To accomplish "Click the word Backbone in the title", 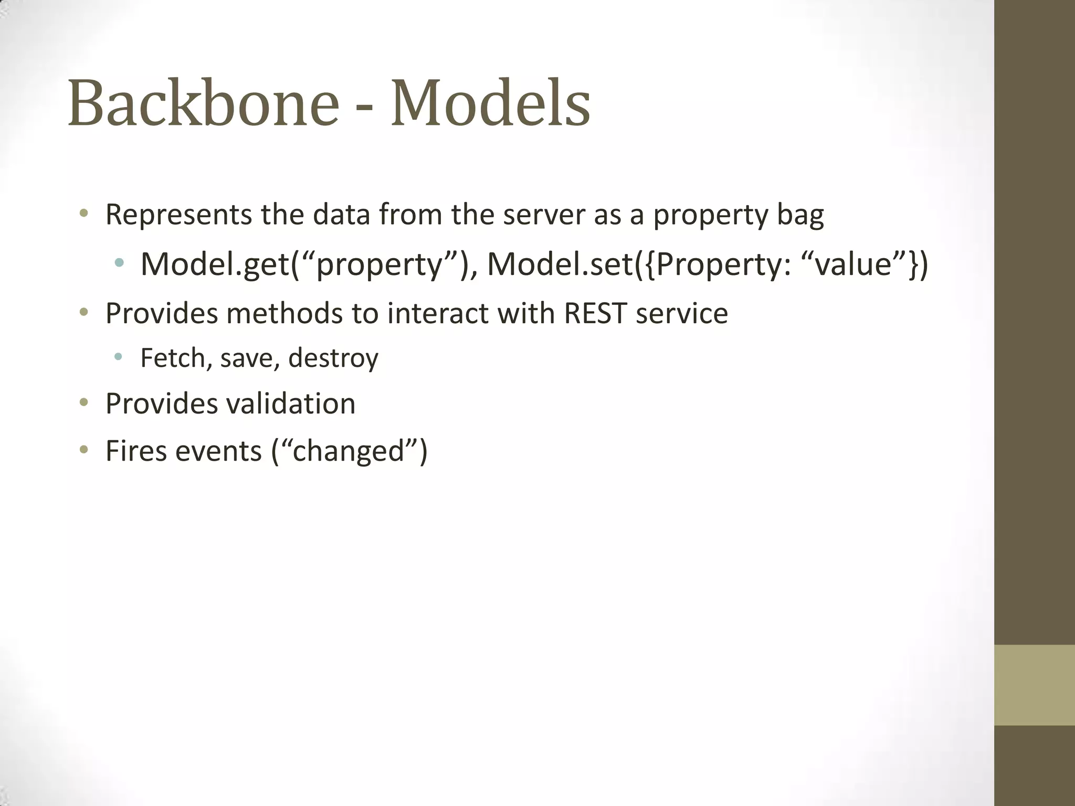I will (203, 103).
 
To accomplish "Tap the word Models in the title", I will (490, 103).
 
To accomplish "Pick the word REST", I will (595, 313).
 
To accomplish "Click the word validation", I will (291, 404).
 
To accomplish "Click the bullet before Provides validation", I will (83, 404).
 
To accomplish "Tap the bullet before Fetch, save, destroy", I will (118, 357).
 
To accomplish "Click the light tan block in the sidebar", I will (1034, 685).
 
